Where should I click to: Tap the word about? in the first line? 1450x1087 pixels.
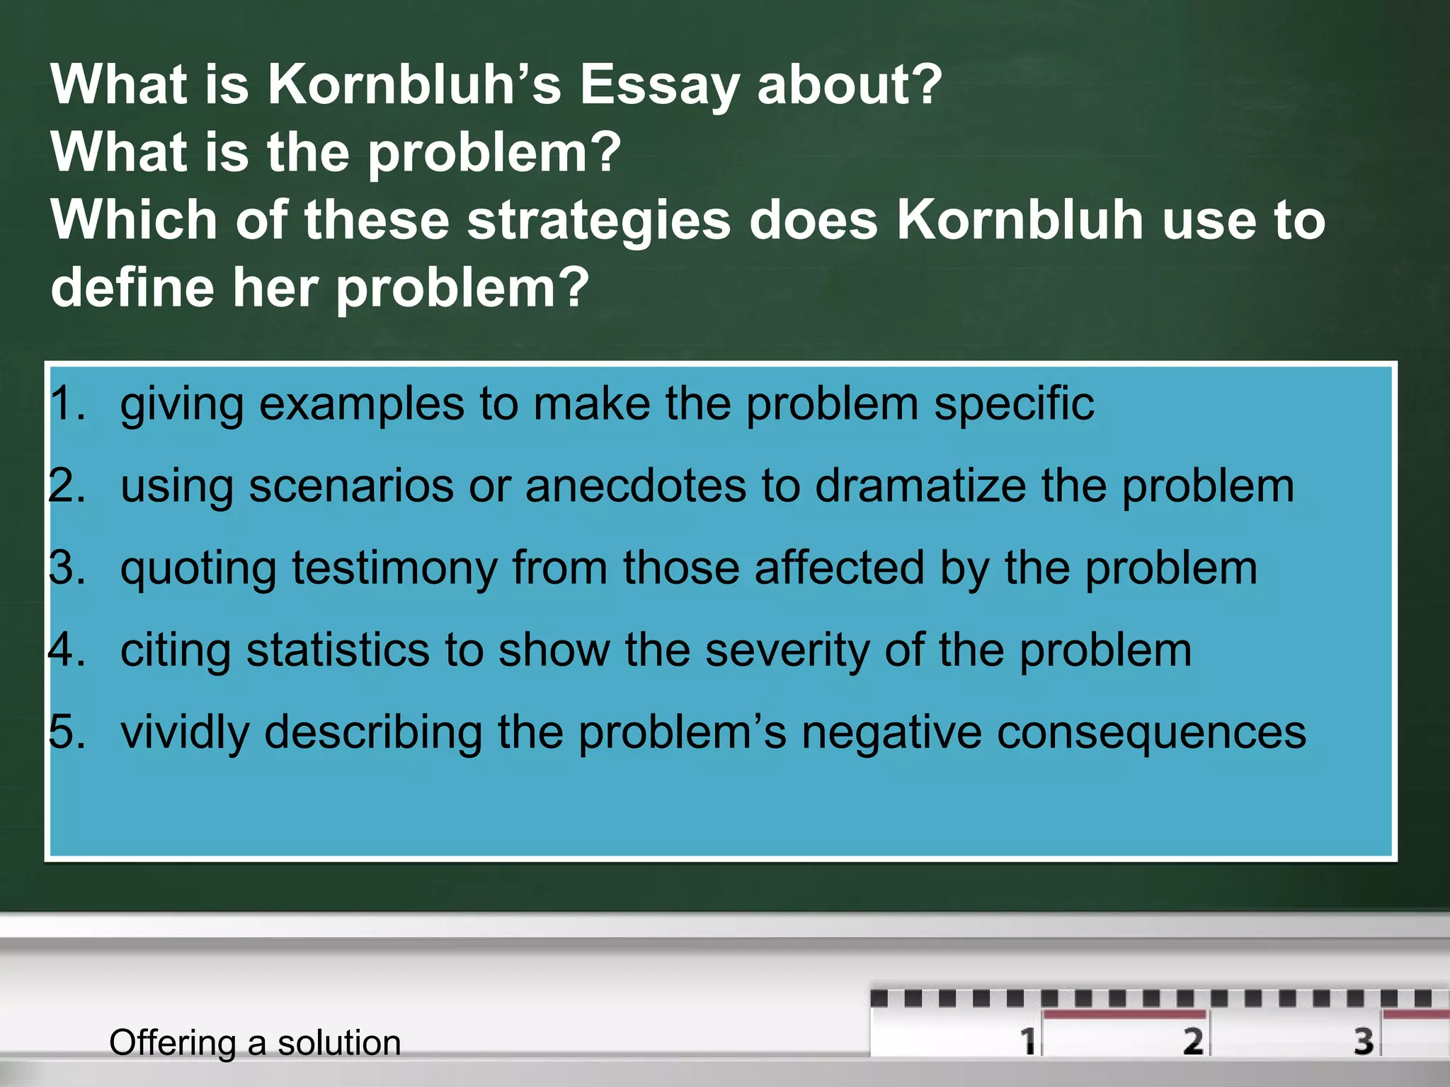(849, 85)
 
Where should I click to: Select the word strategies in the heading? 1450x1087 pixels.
(598, 221)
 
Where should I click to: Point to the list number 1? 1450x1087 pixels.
(67, 404)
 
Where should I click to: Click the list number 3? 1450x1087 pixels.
(67, 568)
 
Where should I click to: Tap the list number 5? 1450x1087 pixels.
(67, 732)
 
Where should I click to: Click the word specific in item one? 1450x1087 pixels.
(1013, 406)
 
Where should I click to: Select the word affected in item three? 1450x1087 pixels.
(839, 568)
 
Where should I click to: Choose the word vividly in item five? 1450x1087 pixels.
(185, 733)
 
